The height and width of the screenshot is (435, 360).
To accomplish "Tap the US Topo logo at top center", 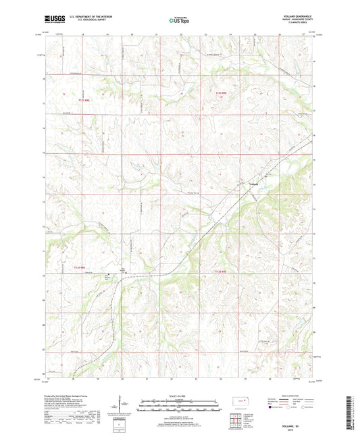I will coord(179,20).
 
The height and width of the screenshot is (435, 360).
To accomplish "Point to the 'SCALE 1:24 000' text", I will coord(179,396).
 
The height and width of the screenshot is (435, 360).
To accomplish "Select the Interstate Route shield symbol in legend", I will coord(273,407).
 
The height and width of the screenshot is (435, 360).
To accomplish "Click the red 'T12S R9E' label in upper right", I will coord(222,93).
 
